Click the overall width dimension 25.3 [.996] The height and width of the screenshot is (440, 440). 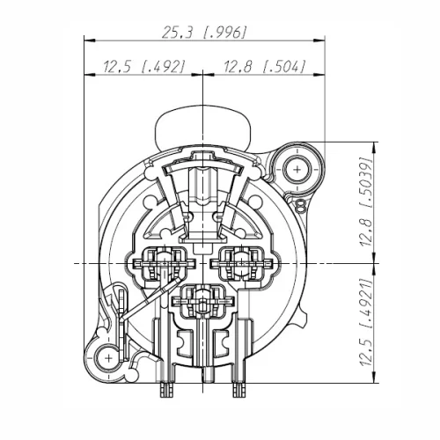[204, 33]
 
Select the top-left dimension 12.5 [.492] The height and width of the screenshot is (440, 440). [143, 67]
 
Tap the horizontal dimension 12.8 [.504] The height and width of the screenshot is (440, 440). [263, 67]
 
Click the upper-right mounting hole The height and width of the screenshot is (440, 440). [297, 168]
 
